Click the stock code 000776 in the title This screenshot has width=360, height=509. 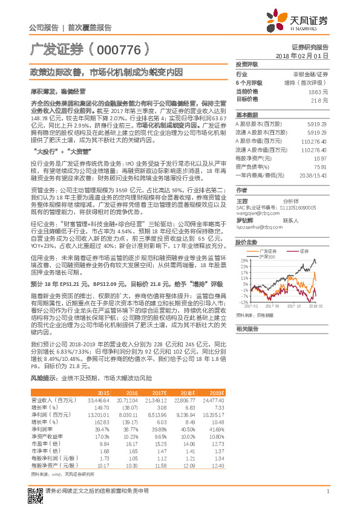[x=119, y=49]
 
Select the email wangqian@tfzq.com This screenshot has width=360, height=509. [x=257, y=213]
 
